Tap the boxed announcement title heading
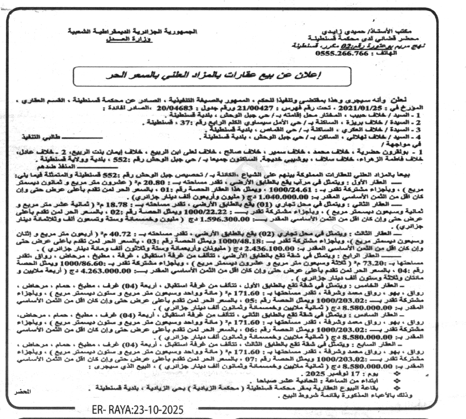[212, 76]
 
